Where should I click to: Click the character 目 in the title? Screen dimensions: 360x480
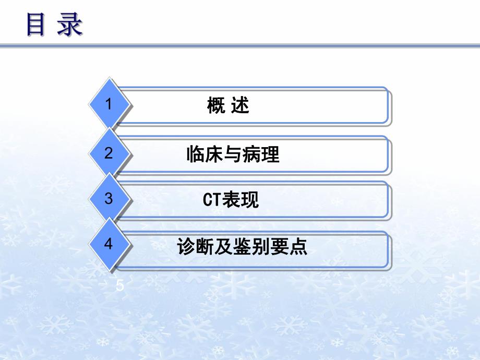click(37, 25)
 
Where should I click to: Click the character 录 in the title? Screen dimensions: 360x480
click(70, 25)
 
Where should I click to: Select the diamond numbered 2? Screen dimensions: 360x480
click(109, 153)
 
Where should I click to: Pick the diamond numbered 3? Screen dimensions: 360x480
click(109, 199)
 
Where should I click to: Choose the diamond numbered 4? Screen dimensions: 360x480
click(109, 244)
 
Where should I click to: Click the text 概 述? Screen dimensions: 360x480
click(228, 106)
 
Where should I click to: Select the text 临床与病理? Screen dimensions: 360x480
click(233, 155)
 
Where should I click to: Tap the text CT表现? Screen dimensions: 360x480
click(231, 200)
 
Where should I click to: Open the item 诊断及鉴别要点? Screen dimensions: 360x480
click(242, 246)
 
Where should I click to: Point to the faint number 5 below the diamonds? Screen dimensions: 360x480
click(121, 285)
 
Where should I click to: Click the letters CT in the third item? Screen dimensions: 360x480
click(211, 200)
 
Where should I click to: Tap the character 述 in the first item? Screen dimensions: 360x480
click(241, 106)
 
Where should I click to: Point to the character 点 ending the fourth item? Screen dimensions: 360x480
click(299, 246)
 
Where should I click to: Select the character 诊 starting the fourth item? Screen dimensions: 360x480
click(186, 246)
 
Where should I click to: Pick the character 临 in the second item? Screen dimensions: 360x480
click(195, 155)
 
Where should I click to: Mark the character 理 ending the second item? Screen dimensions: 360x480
click(270, 155)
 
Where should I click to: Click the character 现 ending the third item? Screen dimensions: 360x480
click(250, 200)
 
